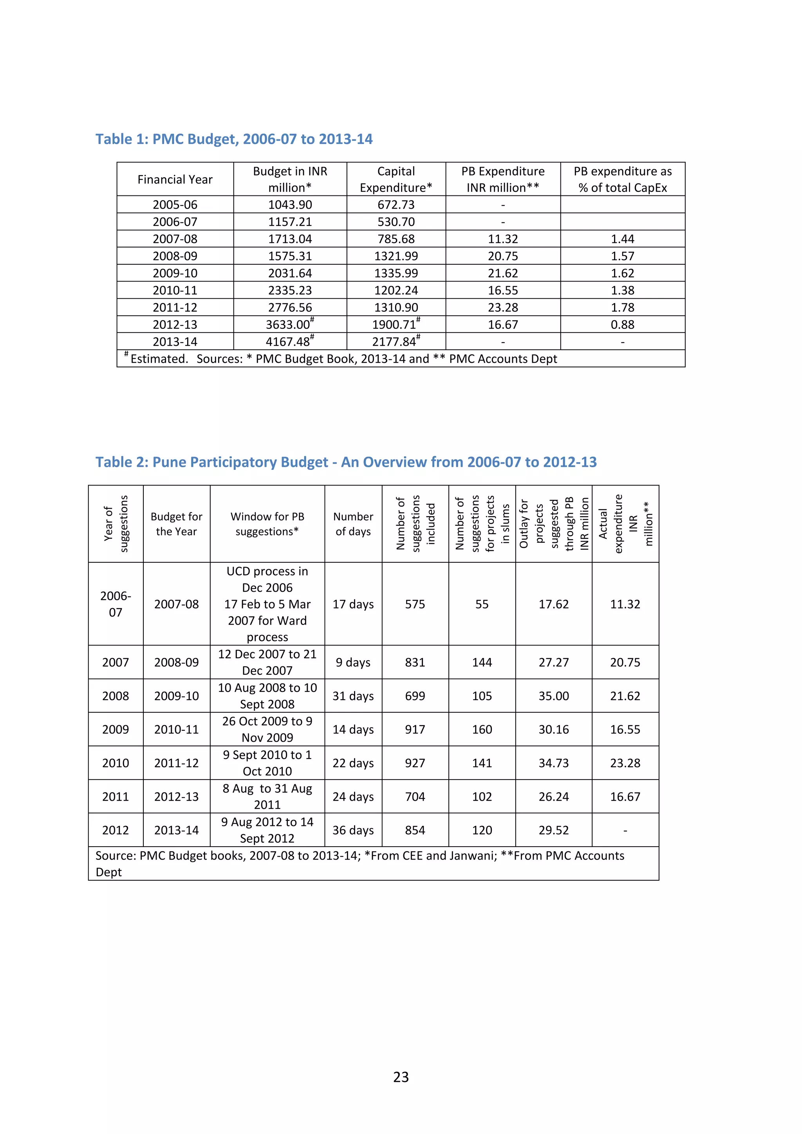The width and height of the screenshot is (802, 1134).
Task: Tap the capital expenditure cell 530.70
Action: pos(396,222)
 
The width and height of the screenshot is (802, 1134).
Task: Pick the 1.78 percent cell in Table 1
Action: pos(622,307)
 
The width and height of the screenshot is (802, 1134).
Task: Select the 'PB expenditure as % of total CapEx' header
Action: pos(622,179)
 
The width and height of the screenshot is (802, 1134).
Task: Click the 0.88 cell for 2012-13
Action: pos(622,325)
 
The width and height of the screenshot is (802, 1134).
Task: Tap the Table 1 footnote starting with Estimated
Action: pos(341,359)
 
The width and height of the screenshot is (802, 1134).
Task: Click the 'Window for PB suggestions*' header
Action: pos(267,524)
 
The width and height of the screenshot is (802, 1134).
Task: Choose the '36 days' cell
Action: pos(353,830)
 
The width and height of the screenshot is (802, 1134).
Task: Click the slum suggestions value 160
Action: pos(482,729)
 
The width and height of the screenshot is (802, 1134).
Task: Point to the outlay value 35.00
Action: pos(554,695)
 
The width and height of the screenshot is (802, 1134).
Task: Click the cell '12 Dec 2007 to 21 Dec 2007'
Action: pos(267,662)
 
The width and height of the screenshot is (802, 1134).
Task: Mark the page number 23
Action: pos(401,1077)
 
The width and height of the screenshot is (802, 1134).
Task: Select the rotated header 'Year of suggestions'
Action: pos(116,524)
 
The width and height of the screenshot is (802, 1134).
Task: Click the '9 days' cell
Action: pos(353,662)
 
